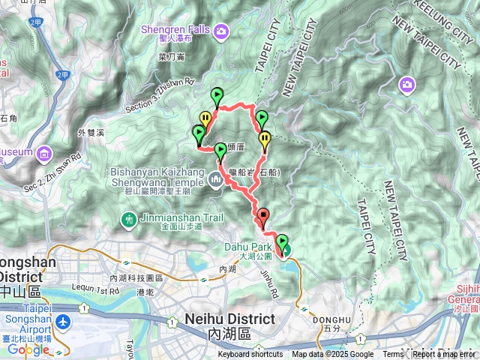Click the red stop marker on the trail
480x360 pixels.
coord(262,217)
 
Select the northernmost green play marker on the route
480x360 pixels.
coord(217,96)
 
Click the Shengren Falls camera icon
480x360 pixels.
coord(221,31)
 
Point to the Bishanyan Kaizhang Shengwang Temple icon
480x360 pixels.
coord(216,178)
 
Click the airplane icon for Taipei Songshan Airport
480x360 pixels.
coord(63,321)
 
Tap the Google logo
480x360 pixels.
coord(28,349)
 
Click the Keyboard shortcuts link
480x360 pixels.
coord(251,355)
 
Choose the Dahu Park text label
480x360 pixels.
coord(242,246)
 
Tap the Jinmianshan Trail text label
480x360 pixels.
coord(171,219)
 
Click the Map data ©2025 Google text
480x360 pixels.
coord(333,355)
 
